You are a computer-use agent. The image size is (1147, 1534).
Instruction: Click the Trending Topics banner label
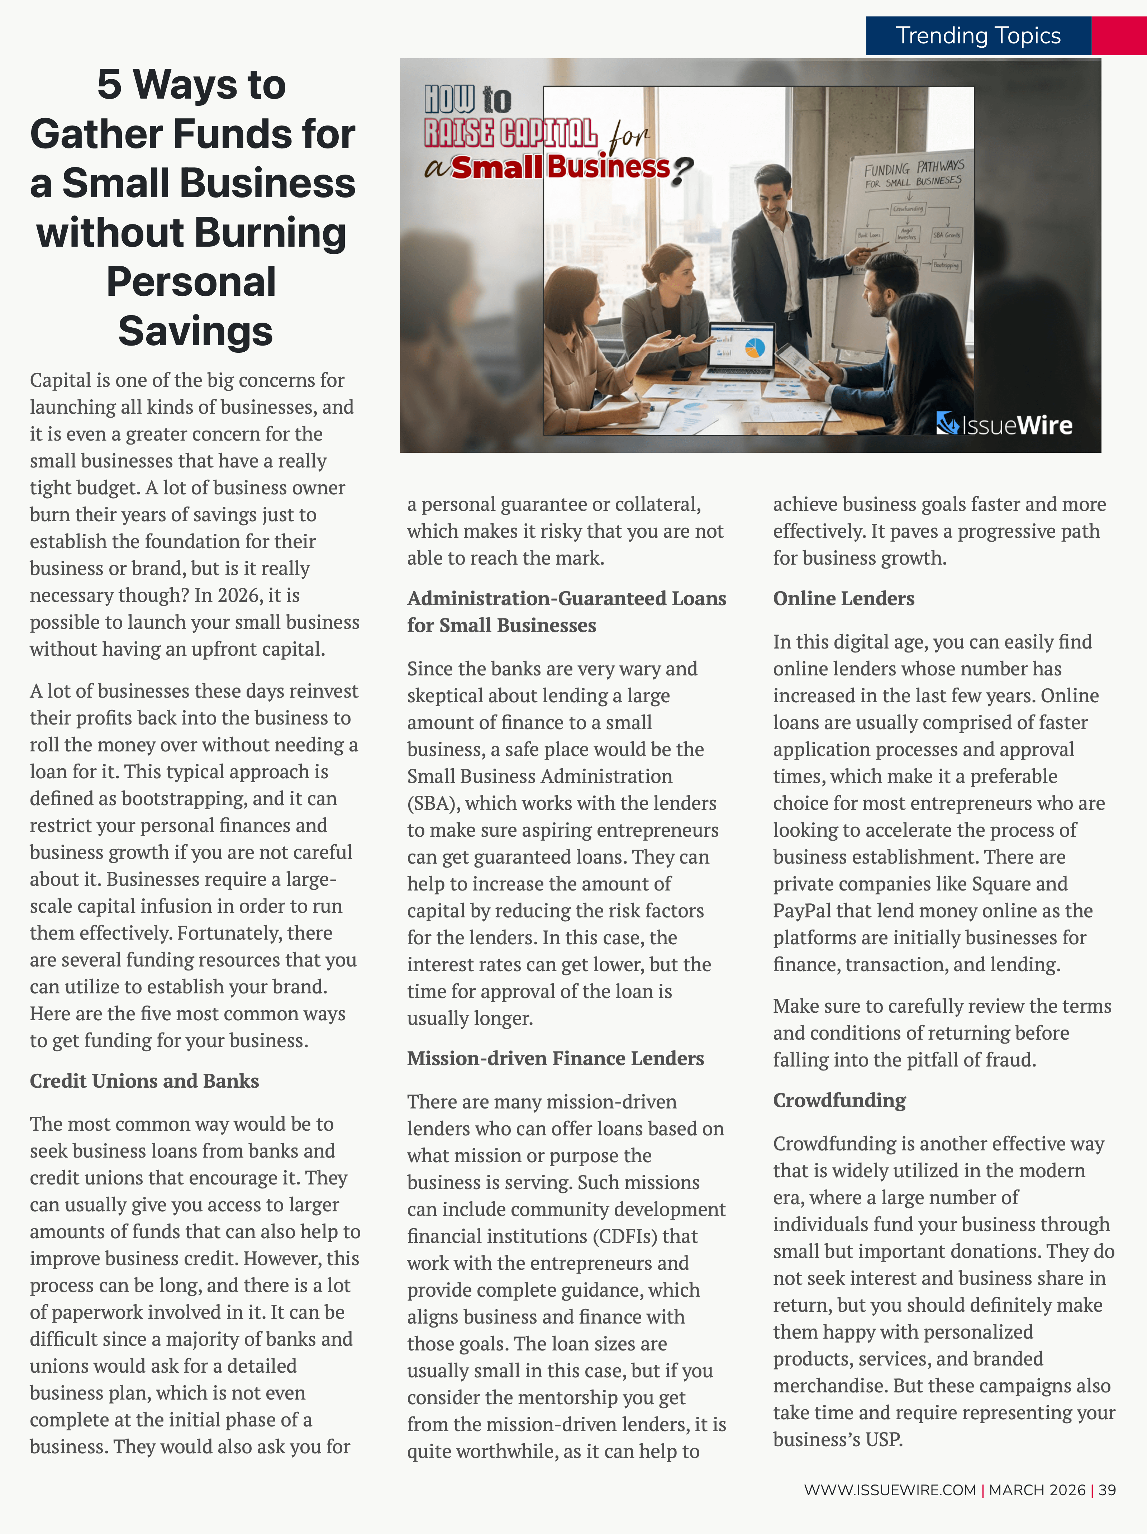click(978, 35)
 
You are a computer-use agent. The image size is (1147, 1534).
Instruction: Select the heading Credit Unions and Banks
click(144, 1081)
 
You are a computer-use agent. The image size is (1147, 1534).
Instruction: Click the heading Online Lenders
click(843, 598)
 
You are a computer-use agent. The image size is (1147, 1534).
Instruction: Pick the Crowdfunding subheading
click(839, 1100)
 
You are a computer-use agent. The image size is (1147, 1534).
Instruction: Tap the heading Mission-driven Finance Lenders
click(555, 1058)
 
